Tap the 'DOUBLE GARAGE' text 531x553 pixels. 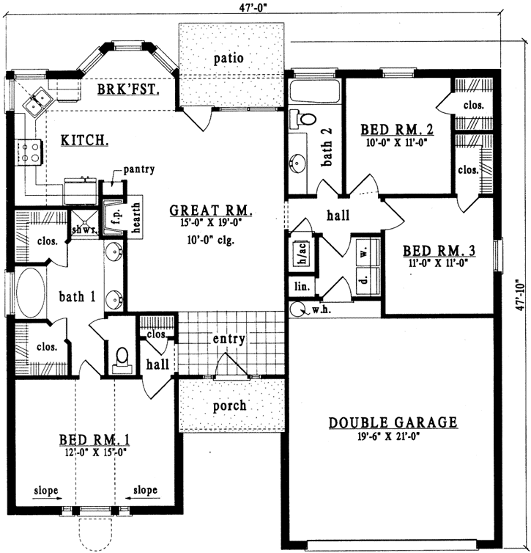(x=393, y=422)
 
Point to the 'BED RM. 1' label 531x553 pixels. (x=94, y=440)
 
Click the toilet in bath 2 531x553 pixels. (x=304, y=118)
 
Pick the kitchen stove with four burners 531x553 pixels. (x=31, y=153)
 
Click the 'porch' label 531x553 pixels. (x=230, y=406)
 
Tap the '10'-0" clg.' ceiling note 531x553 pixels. (x=210, y=239)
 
